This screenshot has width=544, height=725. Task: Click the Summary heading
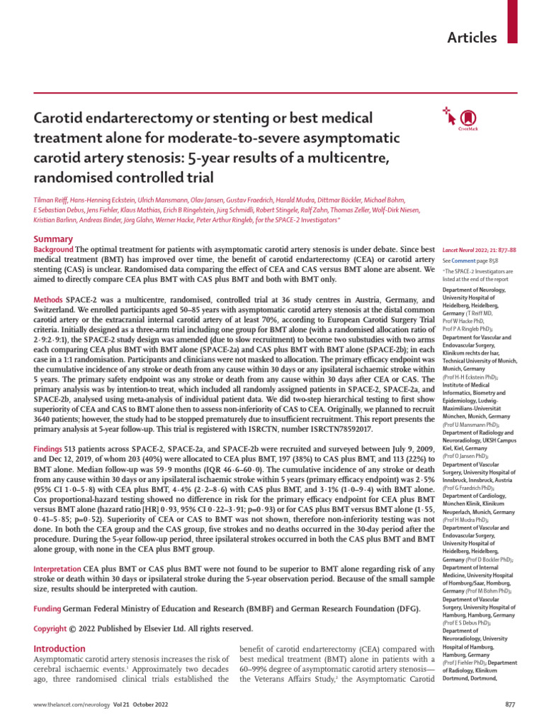point(54,240)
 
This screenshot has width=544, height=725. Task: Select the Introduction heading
point(60,649)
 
